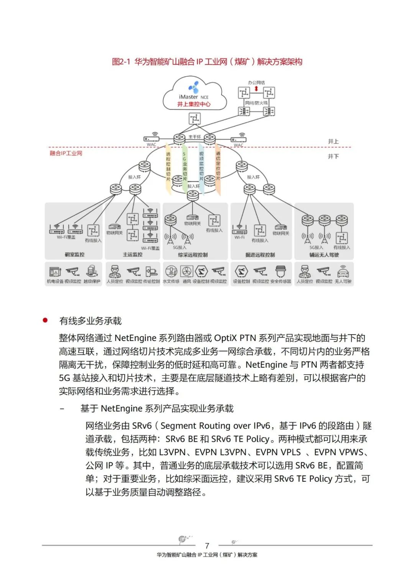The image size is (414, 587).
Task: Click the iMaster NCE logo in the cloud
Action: point(194,87)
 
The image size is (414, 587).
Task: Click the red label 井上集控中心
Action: point(194,104)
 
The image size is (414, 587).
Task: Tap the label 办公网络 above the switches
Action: point(256,82)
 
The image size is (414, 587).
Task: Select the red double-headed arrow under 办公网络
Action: point(256,89)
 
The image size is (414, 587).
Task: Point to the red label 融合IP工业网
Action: point(66,153)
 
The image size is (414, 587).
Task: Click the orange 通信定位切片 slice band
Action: point(218,167)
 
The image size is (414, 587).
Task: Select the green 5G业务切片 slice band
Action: point(184,167)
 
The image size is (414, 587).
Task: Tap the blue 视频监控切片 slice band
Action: point(201,167)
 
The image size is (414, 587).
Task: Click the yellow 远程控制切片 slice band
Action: point(168,167)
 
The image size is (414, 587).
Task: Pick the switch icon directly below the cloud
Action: point(194,118)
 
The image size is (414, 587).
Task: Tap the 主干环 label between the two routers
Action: point(194,137)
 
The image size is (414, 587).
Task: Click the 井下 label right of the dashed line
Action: point(333,156)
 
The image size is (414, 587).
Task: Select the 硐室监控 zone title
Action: point(74,254)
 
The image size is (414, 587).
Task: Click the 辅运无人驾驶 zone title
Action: point(324,255)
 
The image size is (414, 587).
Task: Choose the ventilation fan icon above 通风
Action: point(187,271)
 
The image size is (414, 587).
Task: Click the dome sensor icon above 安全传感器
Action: point(281,271)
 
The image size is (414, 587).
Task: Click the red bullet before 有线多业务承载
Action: point(45,320)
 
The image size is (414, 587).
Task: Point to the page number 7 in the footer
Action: point(207,546)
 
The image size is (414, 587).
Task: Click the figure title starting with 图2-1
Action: point(207,62)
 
